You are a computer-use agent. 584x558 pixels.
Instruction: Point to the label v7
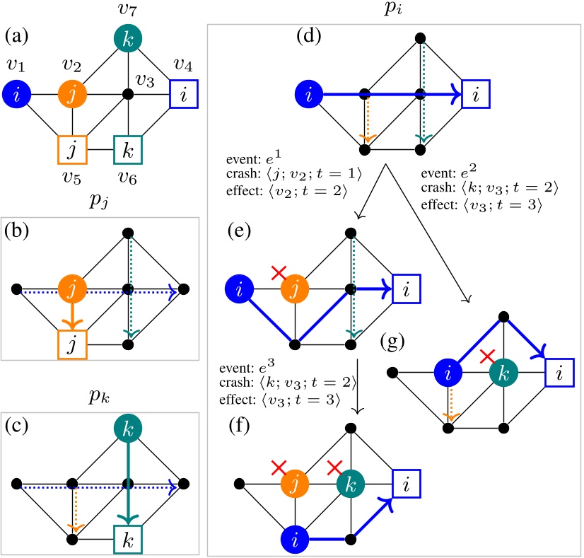[128, 10]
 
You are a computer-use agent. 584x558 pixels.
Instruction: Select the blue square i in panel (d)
[477, 93]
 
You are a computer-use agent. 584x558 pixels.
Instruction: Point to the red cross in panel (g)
[486, 358]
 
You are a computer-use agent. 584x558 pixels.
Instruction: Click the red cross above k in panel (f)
[334, 466]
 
